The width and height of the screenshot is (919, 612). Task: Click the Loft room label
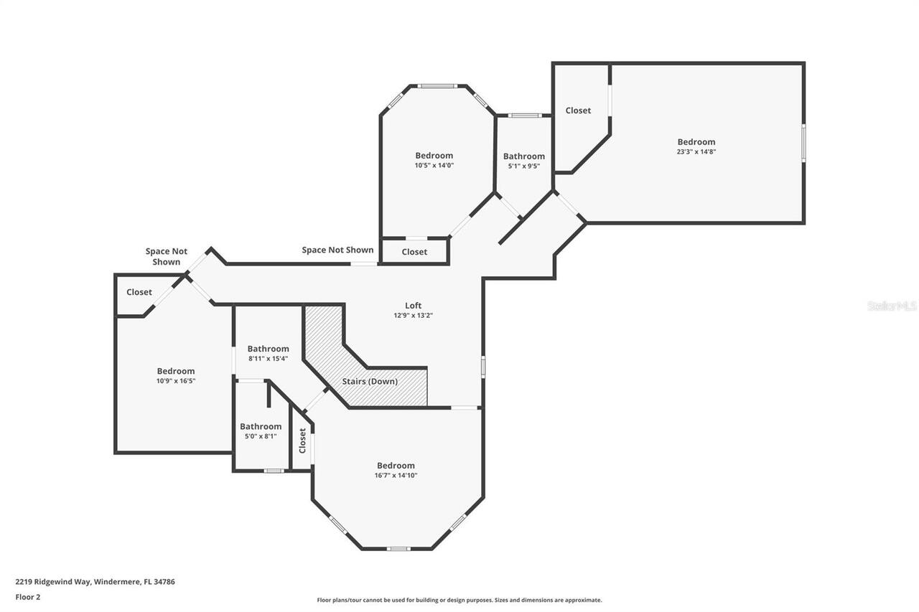click(x=413, y=305)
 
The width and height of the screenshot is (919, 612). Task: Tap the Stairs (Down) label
click(x=370, y=381)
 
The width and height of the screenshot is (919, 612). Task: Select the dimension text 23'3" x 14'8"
click(x=696, y=151)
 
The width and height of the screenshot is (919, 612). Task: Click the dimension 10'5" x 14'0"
click(x=434, y=165)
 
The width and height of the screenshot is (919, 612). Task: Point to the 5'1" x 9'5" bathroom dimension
click(x=523, y=166)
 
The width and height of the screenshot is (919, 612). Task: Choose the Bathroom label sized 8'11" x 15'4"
click(x=268, y=349)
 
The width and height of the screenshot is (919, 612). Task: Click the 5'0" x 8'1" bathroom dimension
click(x=260, y=436)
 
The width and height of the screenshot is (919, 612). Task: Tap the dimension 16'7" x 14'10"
click(x=396, y=475)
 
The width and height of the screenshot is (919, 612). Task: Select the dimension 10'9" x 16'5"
click(x=176, y=381)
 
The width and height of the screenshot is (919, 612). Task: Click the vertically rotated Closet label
click(x=302, y=440)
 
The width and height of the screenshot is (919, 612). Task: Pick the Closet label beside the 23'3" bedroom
click(x=578, y=110)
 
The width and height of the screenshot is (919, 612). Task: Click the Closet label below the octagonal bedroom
click(x=414, y=252)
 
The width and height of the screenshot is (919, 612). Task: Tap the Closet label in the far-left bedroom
click(x=139, y=292)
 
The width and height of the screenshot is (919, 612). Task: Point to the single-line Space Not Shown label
click(x=337, y=250)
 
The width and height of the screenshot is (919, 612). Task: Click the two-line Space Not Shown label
click(x=167, y=256)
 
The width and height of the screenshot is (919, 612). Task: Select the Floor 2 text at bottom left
click(x=27, y=596)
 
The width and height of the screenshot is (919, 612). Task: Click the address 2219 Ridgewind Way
click(x=54, y=582)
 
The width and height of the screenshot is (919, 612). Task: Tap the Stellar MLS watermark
click(x=892, y=306)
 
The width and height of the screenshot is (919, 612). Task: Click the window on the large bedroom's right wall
click(x=803, y=143)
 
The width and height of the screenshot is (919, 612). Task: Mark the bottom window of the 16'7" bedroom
click(x=398, y=549)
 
